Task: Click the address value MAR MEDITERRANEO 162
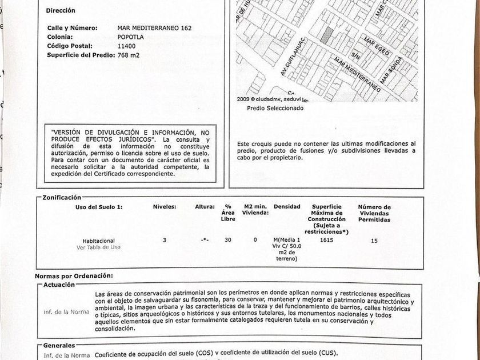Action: click(x=154, y=28)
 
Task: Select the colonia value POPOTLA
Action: click(x=130, y=37)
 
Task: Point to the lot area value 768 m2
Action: click(x=129, y=55)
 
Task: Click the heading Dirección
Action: click(x=61, y=10)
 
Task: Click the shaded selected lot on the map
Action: click(x=326, y=35)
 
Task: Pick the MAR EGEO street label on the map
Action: click(x=377, y=46)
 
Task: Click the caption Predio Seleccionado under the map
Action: click(x=275, y=108)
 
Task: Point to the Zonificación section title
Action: click(x=62, y=197)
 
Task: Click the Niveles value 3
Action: click(x=165, y=241)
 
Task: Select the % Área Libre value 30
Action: click(x=228, y=241)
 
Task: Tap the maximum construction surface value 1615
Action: click(x=327, y=241)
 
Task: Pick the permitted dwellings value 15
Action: click(x=374, y=241)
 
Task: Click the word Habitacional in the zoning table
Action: click(x=99, y=241)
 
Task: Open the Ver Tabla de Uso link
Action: click(x=99, y=247)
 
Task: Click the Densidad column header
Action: click(x=287, y=206)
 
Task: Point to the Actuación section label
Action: click(x=59, y=285)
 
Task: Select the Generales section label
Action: click(x=59, y=346)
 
